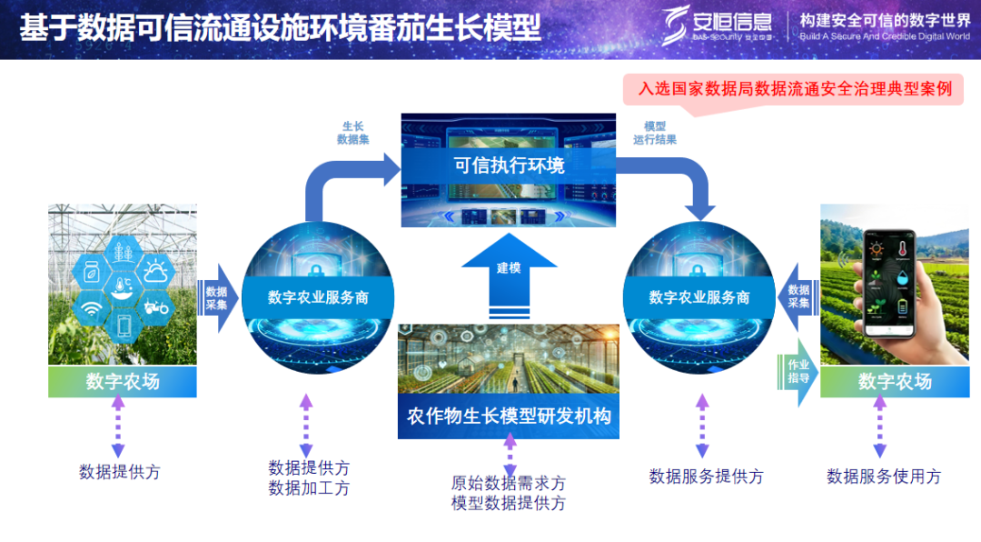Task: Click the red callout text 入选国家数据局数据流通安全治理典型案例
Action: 795,89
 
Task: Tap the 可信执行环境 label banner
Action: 509,165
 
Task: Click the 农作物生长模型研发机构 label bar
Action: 509,417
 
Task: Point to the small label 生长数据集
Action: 353,133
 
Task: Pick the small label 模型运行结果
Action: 655,133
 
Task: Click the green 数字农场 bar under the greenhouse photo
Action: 123,382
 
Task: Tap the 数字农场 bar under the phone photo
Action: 895,382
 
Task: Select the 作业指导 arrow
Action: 798,371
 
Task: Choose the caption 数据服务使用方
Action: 883,476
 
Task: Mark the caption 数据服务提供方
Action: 706,476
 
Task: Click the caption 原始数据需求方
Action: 508,483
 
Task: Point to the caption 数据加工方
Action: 309,488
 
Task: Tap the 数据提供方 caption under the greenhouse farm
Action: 119,472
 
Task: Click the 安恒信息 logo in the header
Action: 717,25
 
